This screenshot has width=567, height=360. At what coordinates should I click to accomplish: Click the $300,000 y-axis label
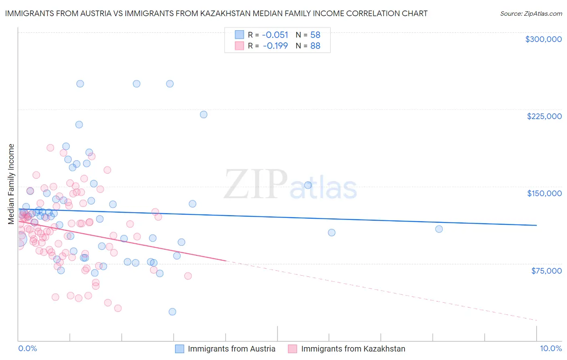coord(543,39)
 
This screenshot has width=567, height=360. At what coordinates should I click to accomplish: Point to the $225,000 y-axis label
coord(544,116)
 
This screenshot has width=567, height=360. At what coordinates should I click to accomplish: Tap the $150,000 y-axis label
coord(544,193)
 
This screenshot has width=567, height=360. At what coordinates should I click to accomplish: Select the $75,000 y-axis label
coord(546,271)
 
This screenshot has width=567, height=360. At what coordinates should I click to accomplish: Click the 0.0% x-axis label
coord(27,349)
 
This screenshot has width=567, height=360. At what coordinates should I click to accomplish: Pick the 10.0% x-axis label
coord(550,349)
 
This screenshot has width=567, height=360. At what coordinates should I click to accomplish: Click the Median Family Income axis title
coord(11,184)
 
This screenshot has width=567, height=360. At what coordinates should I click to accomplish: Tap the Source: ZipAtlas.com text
coord(531,13)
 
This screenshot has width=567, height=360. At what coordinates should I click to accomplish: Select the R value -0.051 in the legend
coord(275,35)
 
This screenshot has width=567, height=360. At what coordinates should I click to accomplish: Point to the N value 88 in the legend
coord(315,46)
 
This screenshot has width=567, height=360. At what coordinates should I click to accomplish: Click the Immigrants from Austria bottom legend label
coord(231,349)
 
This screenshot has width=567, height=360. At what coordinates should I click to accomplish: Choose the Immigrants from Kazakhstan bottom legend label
coord(353,349)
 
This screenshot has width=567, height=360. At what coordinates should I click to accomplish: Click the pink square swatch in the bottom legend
coord(293,349)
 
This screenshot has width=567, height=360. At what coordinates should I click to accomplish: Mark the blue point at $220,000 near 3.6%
coord(204,115)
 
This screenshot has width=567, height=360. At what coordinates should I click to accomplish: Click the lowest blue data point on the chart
coord(172,312)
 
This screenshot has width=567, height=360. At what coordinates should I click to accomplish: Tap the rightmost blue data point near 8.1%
coord(439,229)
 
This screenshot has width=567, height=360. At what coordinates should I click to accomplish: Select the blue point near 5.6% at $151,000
coord(308,185)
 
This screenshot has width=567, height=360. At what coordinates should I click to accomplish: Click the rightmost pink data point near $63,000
coord(188,276)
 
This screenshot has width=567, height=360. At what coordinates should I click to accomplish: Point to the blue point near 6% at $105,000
coord(331,232)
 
